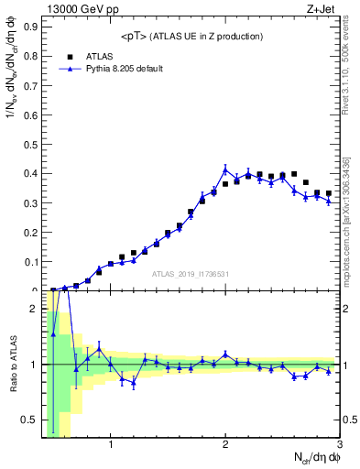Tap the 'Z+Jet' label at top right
click(x=322, y=8)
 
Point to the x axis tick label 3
click(x=339, y=446)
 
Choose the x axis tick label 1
click(x=111, y=446)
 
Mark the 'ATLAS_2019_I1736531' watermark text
click(x=190, y=274)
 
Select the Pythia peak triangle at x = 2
click(x=225, y=169)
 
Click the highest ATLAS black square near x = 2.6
click(x=294, y=173)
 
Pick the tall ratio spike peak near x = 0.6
click(x=65, y=312)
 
